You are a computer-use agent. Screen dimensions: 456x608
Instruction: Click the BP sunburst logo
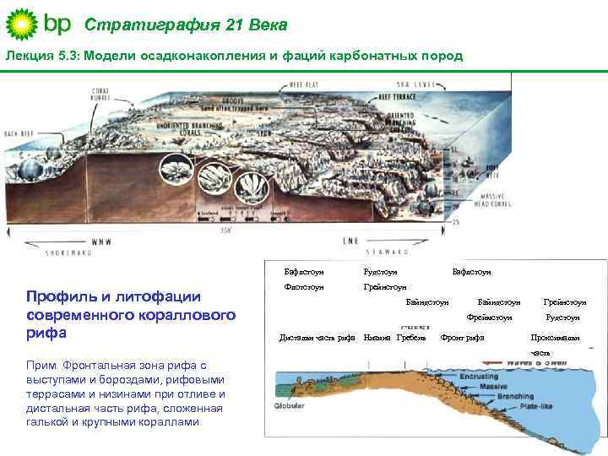point(22,24)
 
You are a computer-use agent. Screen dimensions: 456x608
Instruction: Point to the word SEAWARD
point(388,251)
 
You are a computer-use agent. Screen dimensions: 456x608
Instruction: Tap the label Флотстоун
point(303,287)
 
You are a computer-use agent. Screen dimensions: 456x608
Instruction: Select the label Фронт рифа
point(464,339)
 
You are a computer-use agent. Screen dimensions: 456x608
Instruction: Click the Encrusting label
point(476,376)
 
